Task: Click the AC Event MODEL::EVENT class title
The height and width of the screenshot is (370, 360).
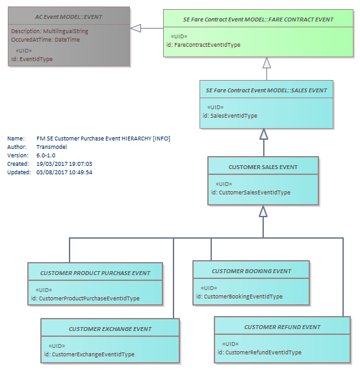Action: (69, 17)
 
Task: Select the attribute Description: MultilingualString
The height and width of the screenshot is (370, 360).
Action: (49, 31)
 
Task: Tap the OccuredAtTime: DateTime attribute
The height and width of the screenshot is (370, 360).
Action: (45, 40)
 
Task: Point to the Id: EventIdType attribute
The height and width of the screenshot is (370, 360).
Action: (32, 59)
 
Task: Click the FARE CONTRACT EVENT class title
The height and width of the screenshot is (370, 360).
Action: (258, 20)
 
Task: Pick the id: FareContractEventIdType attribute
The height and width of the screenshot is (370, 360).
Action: (203, 45)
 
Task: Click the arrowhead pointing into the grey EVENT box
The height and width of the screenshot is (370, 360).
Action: (136, 29)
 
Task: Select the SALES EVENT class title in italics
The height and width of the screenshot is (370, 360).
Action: (266, 90)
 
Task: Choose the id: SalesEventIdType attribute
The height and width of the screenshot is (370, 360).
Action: (230, 116)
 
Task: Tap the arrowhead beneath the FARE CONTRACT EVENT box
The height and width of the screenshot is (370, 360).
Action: (266, 62)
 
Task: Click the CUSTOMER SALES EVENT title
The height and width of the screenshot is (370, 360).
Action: (263, 167)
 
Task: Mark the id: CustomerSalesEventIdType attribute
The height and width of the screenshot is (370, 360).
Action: (251, 192)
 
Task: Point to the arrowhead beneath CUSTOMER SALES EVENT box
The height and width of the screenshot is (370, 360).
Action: (263, 211)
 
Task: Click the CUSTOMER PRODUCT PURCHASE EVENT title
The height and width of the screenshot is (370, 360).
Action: (95, 273)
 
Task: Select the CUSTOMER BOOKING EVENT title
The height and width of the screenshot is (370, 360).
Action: (251, 271)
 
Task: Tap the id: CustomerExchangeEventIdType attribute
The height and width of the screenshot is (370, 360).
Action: (89, 354)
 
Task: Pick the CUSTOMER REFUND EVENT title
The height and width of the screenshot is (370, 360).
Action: (282, 327)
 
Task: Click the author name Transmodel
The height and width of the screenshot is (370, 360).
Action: (51, 147)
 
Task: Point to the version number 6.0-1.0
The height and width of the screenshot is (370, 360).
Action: (45, 155)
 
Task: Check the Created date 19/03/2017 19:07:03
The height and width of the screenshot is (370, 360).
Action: (64, 164)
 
